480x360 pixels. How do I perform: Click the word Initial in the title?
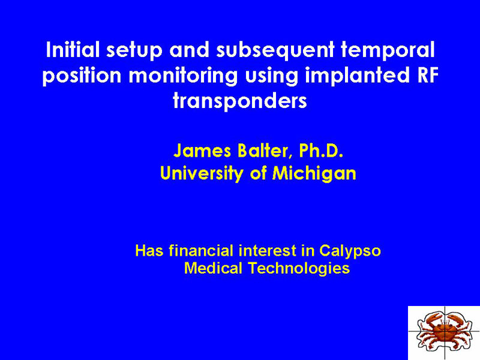[x=73, y=50]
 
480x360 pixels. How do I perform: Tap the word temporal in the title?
[x=388, y=50]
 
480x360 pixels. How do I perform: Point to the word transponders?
[x=239, y=101]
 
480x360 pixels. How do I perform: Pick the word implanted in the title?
[x=356, y=76]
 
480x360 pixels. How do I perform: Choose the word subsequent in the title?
[x=275, y=50]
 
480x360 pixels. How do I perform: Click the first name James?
[x=202, y=151]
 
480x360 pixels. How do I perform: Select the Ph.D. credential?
[x=321, y=151]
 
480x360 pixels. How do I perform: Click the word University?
[x=202, y=173]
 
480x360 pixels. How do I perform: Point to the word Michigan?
[x=314, y=173]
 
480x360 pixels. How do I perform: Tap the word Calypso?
[x=350, y=251]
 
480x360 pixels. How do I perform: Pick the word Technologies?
[x=299, y=268]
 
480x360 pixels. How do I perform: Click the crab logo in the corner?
[x=443, y=332]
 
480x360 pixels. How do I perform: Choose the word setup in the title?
[x=134, y=50]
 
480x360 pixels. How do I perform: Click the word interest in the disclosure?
[x=268, y=250]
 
